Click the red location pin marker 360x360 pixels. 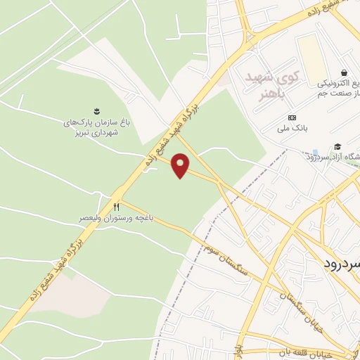tap(181, 165)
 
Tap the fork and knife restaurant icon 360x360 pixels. tap(117, 207)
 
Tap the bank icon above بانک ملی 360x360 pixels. tap(292, 117)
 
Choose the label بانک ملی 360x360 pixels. tap(292, 129)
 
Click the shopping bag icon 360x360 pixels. tap(344, 72)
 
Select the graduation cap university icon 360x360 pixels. tap(338, 146)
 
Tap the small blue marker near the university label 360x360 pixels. tap(316, 153)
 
